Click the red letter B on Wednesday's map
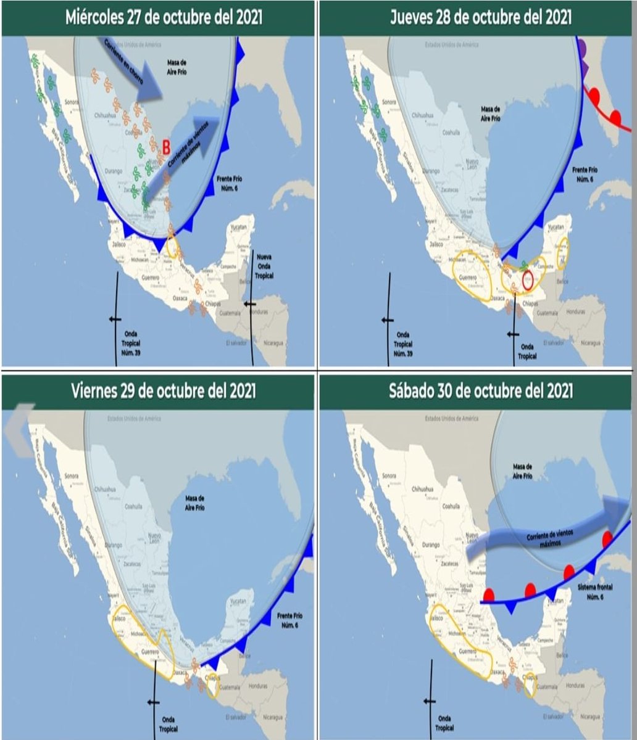pos(165,146)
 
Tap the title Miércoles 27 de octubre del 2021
pos(164,17)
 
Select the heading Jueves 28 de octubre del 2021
pos(480,17)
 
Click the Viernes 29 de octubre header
pos(164,391)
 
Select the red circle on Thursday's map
pos(528,279)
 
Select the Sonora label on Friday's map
pos(72,476)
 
